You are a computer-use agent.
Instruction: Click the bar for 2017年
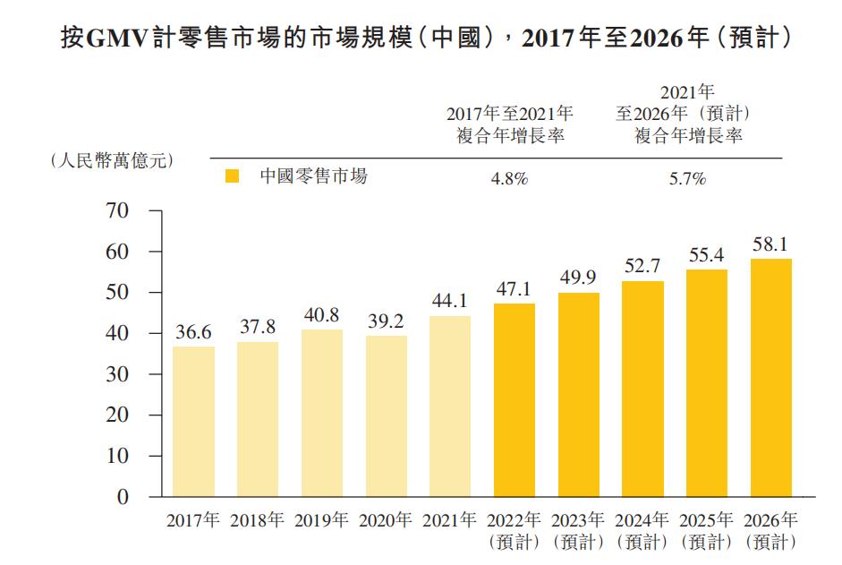tap(193, 421)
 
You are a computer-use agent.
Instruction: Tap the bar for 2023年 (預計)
tap(578, 394)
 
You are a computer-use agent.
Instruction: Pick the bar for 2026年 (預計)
tap(770, 377)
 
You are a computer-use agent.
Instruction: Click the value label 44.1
tap(450, 300)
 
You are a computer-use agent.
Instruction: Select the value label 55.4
tap(706, 254)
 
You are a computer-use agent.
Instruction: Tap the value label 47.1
tap(515, 288)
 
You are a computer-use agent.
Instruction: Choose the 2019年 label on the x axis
tap(321, 520)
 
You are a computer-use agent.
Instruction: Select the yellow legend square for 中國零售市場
tap(232, 177)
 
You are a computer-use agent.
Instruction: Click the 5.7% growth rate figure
tap(687, 178)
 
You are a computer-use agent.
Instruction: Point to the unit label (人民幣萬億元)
tap(111, 160)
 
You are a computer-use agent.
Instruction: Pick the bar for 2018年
tap(258, 419)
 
